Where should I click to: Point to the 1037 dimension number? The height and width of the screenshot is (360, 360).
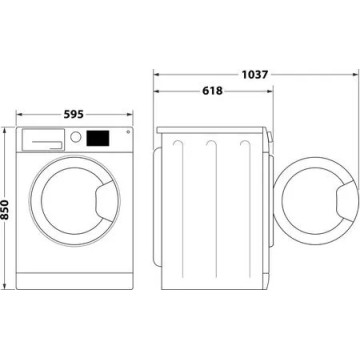pyautogui.click(x=255, y=72)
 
